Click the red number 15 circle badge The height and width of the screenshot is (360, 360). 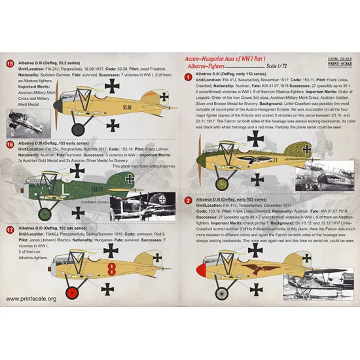(9, 63)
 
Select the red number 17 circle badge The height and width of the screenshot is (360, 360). (9, 230)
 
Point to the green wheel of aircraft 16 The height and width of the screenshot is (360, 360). (45, 213)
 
